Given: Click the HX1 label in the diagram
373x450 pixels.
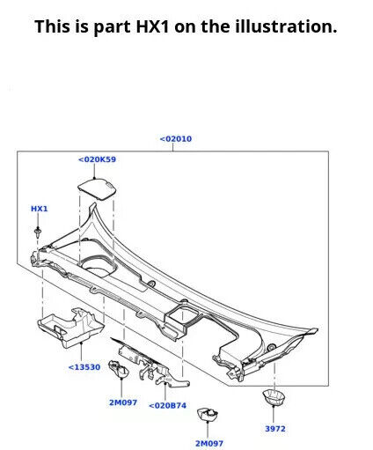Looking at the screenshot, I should [40, 209].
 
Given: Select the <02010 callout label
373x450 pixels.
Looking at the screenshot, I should [175, 138].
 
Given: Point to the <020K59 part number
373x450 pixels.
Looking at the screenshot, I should [97, 159].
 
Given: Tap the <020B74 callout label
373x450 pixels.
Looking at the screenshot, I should [167, 405].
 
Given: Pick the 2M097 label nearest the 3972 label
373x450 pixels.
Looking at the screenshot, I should [208, 443].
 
